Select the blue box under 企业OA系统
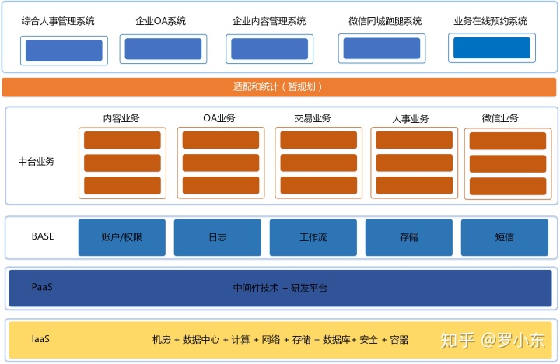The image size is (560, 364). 162,49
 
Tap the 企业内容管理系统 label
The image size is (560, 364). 269,21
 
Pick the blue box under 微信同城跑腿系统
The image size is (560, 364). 380,48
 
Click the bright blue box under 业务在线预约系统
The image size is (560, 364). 492,48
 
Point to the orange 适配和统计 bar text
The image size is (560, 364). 278,87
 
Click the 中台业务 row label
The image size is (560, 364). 37,162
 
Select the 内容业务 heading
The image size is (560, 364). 121,118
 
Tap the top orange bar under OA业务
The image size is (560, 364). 219,140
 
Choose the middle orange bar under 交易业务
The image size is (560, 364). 317,163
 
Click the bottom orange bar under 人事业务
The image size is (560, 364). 414,185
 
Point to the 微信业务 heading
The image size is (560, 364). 500,118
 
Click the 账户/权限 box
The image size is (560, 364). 121,237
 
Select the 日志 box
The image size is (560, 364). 217,237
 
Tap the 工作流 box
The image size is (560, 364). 313,237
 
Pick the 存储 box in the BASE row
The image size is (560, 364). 408,237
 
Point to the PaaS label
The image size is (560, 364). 42,287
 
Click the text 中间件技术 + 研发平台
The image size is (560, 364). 280,288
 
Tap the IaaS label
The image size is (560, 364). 40,339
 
